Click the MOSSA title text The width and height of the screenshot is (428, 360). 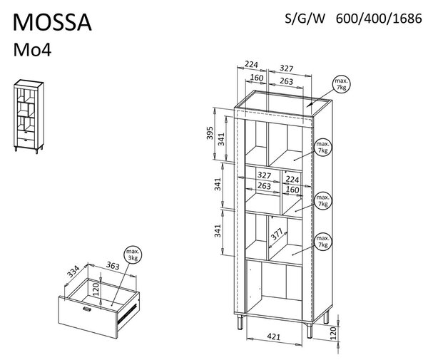coord(52,22)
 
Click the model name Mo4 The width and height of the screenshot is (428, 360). coord(32,50)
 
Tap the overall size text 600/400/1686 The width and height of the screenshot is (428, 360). coord(379,19)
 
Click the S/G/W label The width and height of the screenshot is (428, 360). coord(305,19)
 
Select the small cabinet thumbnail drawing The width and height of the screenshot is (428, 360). coord(29,116)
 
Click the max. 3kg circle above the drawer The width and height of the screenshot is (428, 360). coord(133,255)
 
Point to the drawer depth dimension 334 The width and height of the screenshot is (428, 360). coord(73,272)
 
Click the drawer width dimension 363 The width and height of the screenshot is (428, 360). coord(113,265)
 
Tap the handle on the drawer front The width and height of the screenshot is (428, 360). coord(87,309)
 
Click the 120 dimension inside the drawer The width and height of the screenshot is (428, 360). coord(96,289)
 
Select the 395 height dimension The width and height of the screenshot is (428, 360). coord(209,133)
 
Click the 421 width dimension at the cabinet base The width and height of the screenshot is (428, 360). coord(273,337)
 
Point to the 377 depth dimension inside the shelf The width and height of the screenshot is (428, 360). coord(277,235)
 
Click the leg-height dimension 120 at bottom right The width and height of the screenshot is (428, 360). coord(333,334)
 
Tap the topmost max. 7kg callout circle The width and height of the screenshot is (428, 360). coord(341,84)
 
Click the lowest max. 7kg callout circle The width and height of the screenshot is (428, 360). coord(323,242)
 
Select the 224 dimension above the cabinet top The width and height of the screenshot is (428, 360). coord(251,65)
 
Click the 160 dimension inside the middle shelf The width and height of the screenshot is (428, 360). coord(292,190)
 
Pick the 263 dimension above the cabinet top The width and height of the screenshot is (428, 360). coord(286,81)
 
